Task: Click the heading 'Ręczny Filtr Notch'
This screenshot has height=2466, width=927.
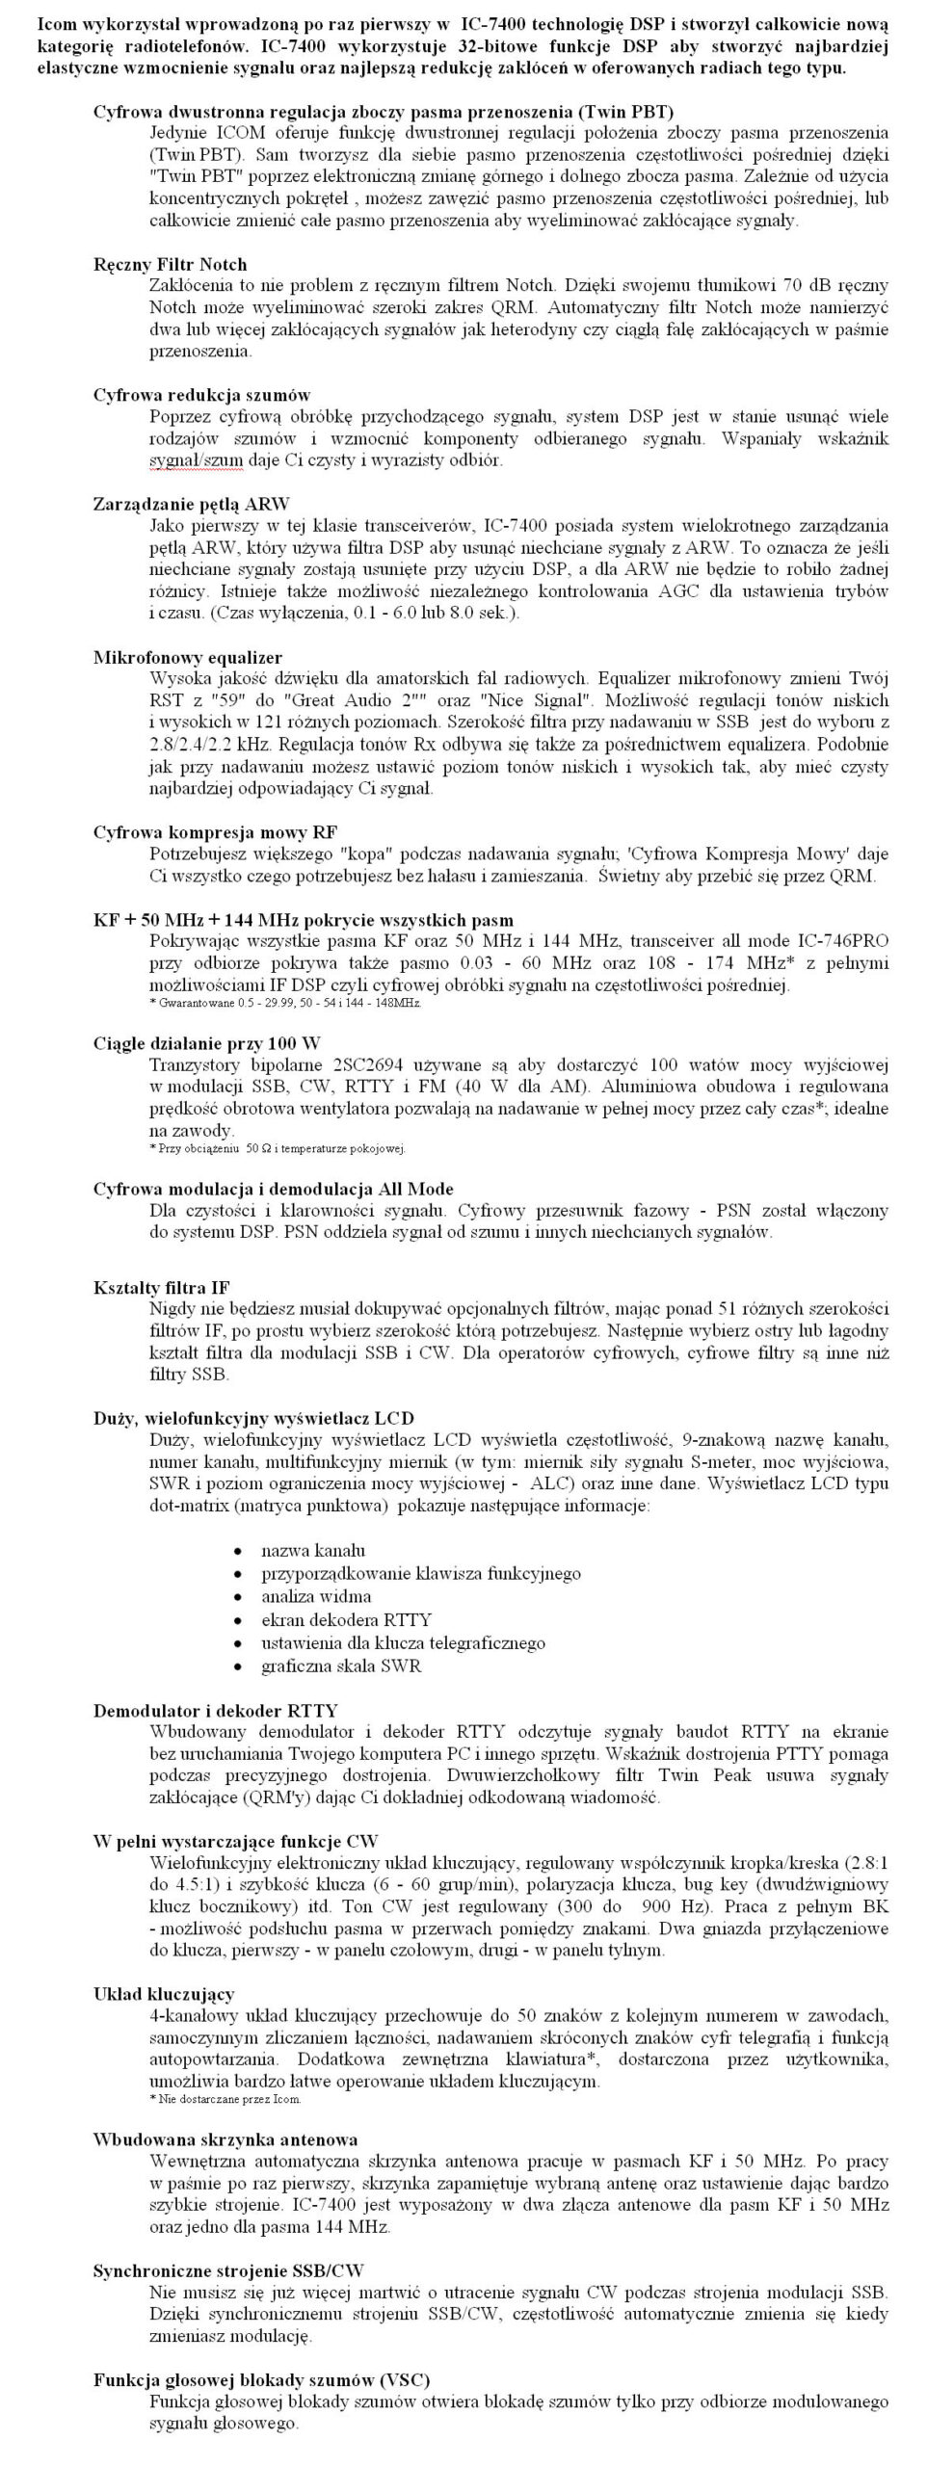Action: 170,264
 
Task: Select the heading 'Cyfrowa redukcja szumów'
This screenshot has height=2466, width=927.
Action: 201,395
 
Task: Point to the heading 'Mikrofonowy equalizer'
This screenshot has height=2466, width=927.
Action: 187,658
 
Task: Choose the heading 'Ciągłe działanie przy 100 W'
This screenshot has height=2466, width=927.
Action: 206,1043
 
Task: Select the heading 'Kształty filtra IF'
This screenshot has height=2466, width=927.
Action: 162,1288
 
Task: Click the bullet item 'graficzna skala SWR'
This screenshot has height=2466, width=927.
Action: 341,1666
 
